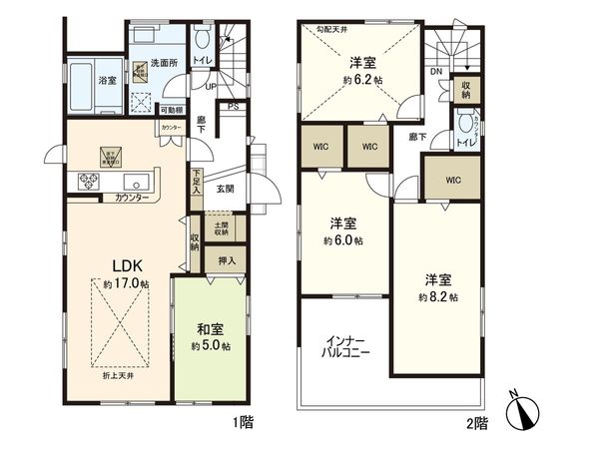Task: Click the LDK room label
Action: click(x=127, y=266)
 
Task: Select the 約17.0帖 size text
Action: click(x=127, y=284)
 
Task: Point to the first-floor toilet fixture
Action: click(x=202, y=41)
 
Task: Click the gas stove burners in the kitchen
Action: click(x=87, y=182)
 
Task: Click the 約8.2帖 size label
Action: click(x=439, y=296)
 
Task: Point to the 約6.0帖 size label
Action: click(x=342, y=241)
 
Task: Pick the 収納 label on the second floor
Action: click(x=465, y=90)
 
